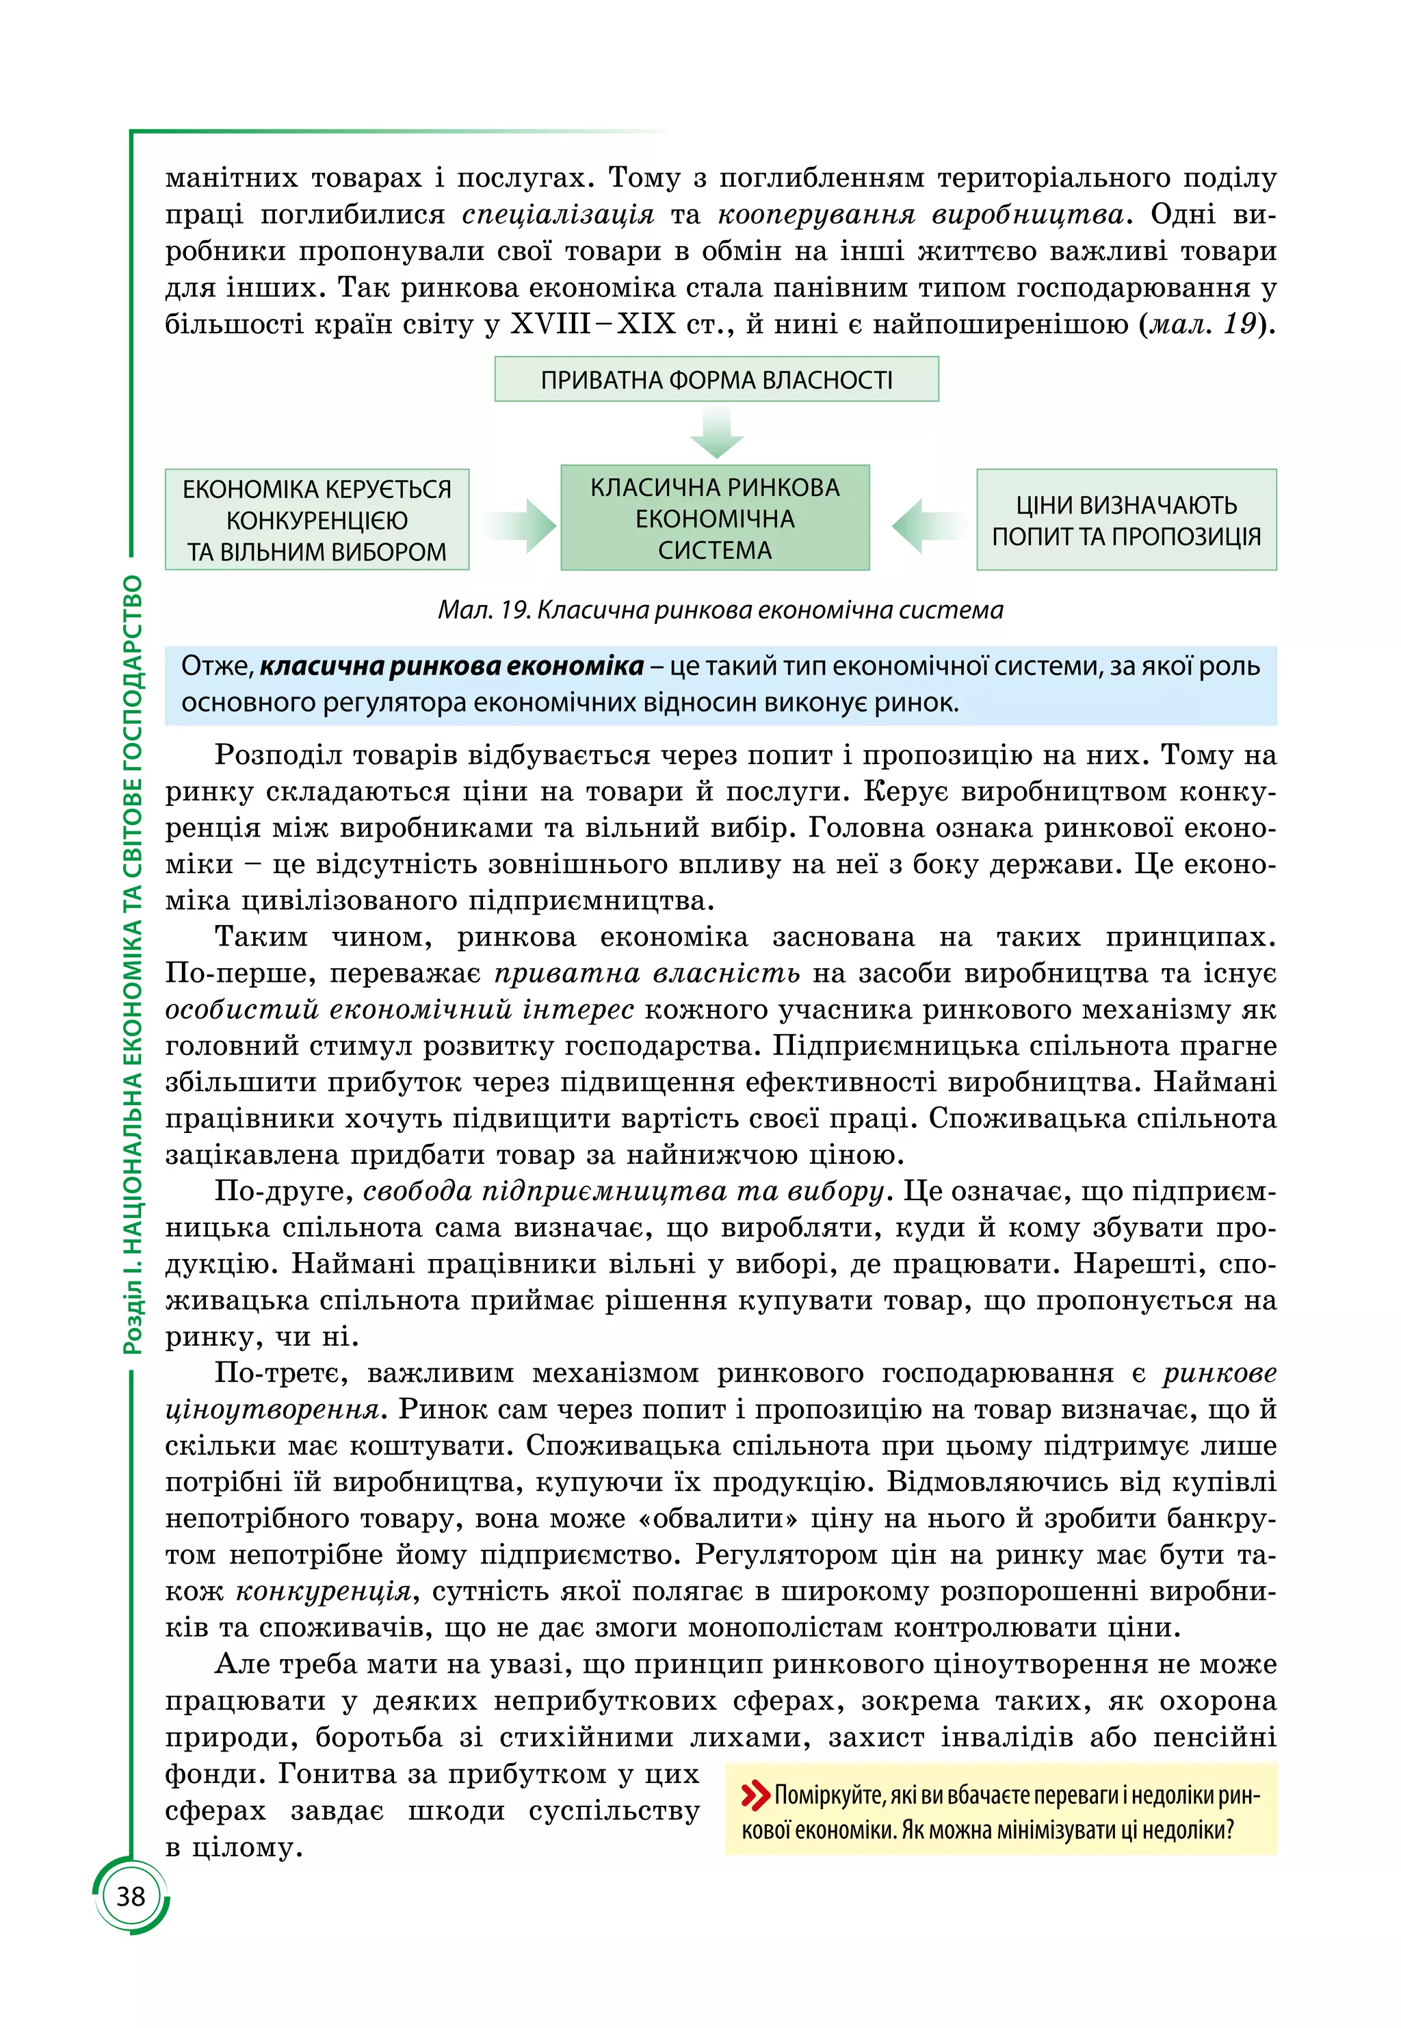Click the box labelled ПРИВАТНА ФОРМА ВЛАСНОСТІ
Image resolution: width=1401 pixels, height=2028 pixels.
[716, 379]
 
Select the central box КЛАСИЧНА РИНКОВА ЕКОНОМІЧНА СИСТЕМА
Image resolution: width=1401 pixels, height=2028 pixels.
[715, 518]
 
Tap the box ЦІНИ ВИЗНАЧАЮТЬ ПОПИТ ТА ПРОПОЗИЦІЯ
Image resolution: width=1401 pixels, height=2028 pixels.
[1126, 520]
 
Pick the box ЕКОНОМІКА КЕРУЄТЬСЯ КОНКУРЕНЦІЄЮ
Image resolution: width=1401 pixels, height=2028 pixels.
[317, 520]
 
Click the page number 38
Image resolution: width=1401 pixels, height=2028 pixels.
[131, 1897]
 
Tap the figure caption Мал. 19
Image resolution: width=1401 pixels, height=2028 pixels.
[720, 609]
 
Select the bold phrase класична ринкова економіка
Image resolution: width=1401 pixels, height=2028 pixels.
[452, 666]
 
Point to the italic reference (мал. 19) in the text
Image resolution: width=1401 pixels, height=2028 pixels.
[1206, 324]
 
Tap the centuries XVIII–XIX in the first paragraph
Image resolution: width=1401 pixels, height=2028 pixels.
[592, 324]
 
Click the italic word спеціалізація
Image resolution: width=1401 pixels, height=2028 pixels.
[558, 214]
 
